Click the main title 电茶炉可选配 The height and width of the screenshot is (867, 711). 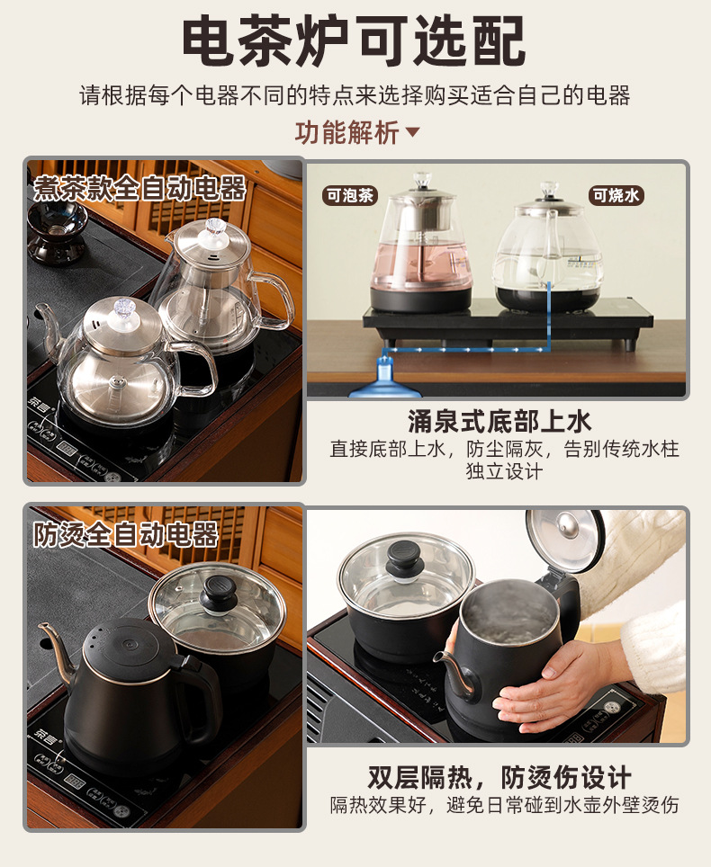tap(354, 40)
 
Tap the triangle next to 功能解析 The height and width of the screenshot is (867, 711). tap(413, 132)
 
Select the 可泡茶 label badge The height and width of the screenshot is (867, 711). tap(350, 195)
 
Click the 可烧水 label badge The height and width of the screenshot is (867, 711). tap(616, 195)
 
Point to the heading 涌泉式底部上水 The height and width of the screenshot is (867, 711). tap(499, 421)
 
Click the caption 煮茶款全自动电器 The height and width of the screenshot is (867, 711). tap(139, 188)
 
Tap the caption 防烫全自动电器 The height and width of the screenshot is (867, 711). tap(126, 535)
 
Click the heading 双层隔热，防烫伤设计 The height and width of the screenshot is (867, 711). tap(499, 777)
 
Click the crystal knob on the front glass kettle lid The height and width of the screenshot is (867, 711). tap(124, 308)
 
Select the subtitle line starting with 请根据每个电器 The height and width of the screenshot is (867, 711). tap(355, 95)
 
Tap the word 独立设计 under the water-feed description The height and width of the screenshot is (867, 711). tap(504, 471)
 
